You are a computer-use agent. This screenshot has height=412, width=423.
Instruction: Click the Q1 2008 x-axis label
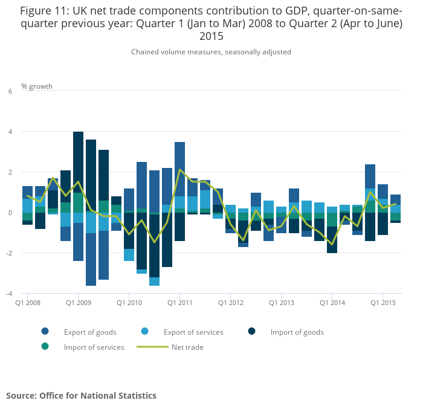27,302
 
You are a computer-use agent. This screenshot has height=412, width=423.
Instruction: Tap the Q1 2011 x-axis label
179,302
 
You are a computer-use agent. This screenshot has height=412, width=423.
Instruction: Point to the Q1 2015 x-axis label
383,302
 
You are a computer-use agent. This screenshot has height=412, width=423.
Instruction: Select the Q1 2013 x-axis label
281,302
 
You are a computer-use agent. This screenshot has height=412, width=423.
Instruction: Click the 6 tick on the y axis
10,91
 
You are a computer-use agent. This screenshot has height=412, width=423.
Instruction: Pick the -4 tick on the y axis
8,294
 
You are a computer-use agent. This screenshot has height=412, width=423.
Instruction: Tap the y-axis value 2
10,172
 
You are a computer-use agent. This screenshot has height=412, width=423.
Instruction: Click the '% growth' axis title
37,86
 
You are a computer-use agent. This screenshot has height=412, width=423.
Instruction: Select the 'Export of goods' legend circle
45,332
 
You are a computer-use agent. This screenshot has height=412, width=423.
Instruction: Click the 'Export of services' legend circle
146,332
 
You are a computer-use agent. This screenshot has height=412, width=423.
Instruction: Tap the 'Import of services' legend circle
45,347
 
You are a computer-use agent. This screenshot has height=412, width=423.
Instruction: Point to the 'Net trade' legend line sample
152,347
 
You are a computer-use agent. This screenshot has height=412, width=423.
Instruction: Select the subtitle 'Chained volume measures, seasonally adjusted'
211,52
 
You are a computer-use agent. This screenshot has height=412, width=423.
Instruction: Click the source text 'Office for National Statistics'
98,396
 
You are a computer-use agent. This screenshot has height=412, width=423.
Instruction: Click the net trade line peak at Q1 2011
180,170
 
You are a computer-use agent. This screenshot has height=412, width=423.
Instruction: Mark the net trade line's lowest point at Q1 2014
332,244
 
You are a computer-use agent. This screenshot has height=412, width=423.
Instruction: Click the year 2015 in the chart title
211,36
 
